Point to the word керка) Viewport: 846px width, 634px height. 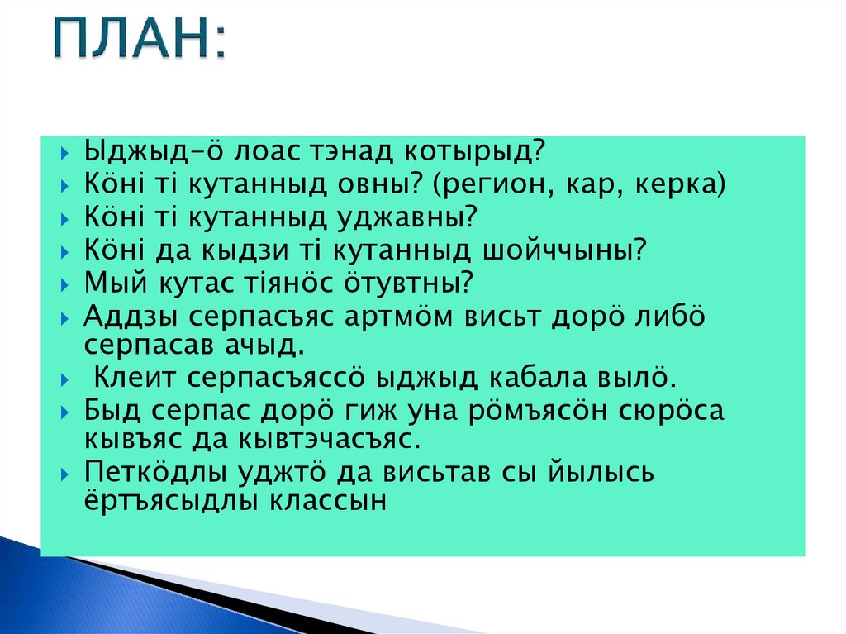(681, 184)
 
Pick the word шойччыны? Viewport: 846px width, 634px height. (563, 250)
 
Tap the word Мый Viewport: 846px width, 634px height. (116, 283)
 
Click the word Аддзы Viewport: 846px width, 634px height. (131, 317)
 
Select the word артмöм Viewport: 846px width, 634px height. (398, 317)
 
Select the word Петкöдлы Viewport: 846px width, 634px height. (154, 473)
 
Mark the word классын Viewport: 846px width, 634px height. (328, 501)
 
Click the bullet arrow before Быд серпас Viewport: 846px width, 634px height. (64, 412)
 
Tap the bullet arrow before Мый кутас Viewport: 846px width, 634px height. (64, 284)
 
